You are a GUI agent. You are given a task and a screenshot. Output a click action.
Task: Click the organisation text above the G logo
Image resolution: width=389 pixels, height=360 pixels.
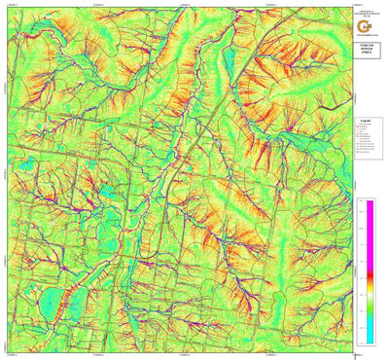[x=368, y=9]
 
